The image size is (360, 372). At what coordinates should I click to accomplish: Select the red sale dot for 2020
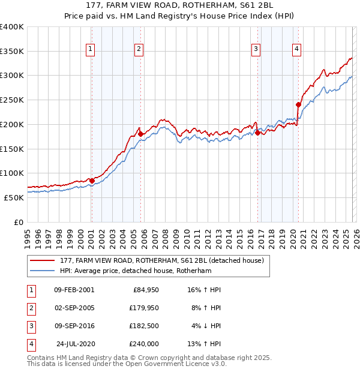(298, 104)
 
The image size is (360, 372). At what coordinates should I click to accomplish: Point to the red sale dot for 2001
(92, 180)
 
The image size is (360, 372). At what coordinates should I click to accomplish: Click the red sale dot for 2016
(257, 133)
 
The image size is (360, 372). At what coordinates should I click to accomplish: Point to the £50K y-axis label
(14, 197)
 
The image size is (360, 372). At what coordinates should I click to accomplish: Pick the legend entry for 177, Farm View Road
(158, 260)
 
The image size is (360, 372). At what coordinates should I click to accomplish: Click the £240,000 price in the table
(144, 344)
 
